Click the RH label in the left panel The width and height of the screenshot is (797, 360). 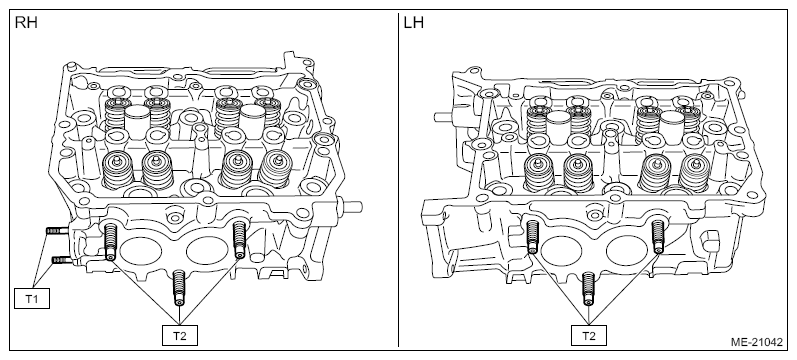point(26,23)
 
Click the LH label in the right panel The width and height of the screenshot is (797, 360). point(414,23)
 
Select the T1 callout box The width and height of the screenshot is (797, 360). point(32,298)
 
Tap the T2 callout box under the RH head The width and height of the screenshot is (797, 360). point(180,335)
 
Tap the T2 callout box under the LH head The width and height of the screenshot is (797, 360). point(589,335)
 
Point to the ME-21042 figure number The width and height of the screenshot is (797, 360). point(757,342)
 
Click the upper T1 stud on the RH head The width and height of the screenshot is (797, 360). point(56,231)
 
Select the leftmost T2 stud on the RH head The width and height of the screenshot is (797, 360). point(111,242)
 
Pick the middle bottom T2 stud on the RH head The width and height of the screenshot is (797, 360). point(179,287)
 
